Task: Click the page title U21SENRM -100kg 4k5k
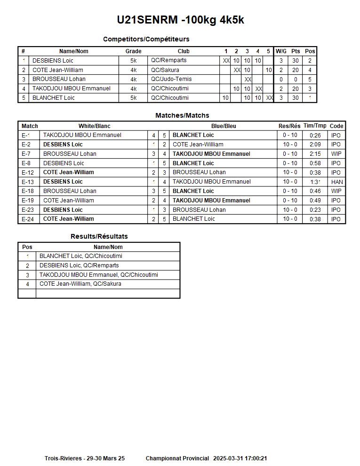click(x=180, y=20)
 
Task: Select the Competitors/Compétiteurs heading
click(x=146, y=39)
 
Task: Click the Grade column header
click(x=133, y=51)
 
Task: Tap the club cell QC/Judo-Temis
click(x=171, y=79)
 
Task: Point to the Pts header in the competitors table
click(x=296, y=51)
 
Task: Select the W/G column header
click(x=281, y=51)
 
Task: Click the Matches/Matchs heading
click(x=182, y=115)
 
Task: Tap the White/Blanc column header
click(x=94, y=126)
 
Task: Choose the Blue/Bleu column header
click(x=224, y=126)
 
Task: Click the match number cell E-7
click(x=26, y=154)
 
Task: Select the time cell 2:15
click(x=315, y=154)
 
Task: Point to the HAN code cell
click(x=336, y=182)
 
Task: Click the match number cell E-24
click(x=28, y=219)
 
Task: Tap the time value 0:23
click(x=315, y=210)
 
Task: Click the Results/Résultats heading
click(x=99, y=236)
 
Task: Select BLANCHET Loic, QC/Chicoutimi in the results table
click(x=81, y=256)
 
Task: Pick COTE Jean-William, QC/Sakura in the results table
click(x=80, y=284)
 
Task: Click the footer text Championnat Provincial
click(x=177, y=458)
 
